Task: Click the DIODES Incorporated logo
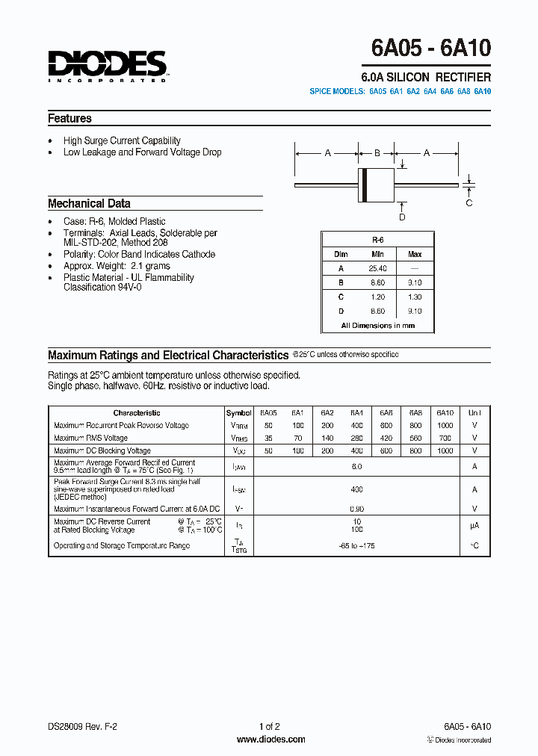[107, 66]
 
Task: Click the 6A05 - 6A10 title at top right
[431, 49]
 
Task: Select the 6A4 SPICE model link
[430, 91]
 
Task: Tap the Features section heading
[69, 118]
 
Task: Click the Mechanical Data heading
[89, 203]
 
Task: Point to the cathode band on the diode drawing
[364, 184]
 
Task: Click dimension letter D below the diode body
[402, 217]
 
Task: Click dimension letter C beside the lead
[469, 202]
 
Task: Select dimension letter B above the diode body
[377, 153]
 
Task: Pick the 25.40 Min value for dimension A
[377, 268]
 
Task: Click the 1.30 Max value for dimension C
[415, 297]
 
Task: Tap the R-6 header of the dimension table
[377, 241]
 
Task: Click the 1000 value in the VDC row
[445, 450]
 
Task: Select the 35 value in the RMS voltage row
[268, 438]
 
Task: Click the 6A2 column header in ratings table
[327, 412]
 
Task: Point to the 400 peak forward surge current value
[356, 489]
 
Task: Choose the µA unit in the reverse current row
[474, 526]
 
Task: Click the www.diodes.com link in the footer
[270, 740]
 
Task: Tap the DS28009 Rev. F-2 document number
[83, 726]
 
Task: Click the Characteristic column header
[137, 412]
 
